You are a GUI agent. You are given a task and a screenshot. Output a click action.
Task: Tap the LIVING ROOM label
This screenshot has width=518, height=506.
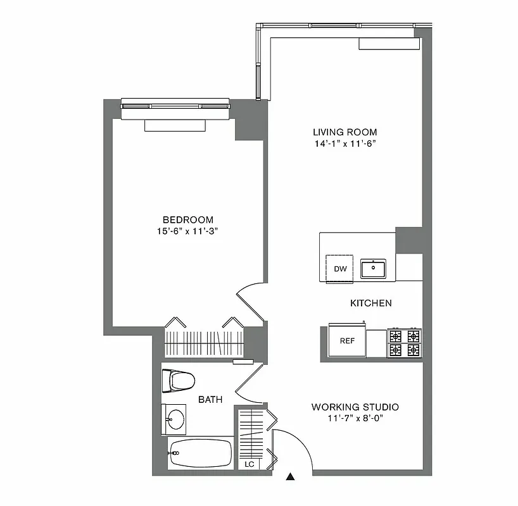[344, 132]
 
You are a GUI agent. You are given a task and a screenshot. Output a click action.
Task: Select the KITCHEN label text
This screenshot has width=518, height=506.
[370, 303]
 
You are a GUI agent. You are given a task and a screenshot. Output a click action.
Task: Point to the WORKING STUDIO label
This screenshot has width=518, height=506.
[355, 407]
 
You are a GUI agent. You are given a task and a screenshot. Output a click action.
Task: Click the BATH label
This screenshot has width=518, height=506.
[210, 400]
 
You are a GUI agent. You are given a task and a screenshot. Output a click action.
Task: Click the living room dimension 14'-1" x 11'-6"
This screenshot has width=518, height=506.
[344, 144]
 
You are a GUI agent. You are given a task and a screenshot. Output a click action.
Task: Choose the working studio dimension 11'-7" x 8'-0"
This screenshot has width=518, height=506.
[355, 419]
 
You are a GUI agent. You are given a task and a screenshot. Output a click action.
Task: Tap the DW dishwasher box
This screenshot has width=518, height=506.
[341, 268]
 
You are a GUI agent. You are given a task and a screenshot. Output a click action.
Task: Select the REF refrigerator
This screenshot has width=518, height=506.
[347, 341]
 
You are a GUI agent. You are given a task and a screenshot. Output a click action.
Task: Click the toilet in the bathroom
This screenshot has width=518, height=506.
[179, 381]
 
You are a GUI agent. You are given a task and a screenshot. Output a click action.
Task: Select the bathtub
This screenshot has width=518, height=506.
[200, 454]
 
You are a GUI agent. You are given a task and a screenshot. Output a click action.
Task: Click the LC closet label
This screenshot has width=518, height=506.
[250, 464]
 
